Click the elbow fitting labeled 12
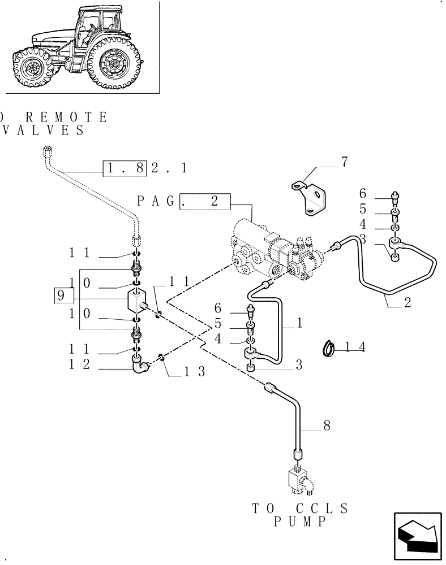(x=139, y=367)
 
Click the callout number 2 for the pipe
(x=407, y=302)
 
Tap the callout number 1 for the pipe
(x=300, y=324)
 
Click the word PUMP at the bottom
(x=301, y=522)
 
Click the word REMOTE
(x=62, y=118)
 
